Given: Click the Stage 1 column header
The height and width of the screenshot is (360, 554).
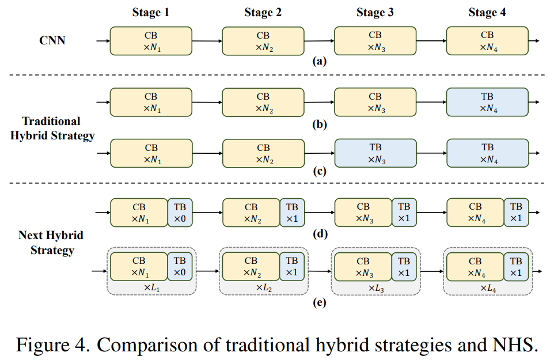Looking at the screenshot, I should [151, 13].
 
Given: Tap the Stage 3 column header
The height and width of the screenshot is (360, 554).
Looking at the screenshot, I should [375, 13].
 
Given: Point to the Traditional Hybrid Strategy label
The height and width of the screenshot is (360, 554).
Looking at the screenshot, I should [52, 128].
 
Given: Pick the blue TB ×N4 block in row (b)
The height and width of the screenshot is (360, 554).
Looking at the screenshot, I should [487, 103].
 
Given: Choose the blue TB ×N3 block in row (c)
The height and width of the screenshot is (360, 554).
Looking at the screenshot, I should [375, 153].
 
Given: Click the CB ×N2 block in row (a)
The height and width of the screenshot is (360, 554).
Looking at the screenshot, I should [263, 41].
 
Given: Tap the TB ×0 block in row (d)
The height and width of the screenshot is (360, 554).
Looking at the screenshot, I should [180, 213].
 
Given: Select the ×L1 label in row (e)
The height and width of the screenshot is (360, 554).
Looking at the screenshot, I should [151, 287].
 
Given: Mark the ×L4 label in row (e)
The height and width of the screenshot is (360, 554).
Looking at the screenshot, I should [487, 287].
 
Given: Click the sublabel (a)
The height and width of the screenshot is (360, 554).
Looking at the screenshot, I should [319, 60].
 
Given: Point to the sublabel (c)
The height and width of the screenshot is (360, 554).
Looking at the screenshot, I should [319, 171].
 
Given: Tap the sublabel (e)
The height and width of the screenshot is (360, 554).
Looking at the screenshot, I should [319, 301].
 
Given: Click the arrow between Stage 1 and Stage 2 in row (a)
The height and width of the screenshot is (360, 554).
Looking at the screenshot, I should [207, 41].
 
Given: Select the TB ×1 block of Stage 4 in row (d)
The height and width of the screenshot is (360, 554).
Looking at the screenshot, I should [516, 213].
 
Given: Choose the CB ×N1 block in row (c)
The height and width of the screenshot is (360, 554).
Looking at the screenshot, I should [151, 153].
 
